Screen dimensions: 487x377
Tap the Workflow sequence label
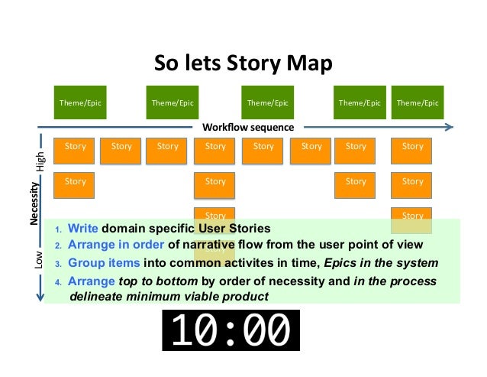tap(248, 127)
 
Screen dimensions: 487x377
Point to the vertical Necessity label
tap(34, 203)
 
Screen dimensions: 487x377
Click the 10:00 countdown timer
tap(231, 331)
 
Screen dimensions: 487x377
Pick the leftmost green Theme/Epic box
tap(80, 103)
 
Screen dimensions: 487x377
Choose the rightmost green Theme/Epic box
tap(418, 103)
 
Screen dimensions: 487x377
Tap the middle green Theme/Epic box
tap(268, 103)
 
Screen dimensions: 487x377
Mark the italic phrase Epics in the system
tap(392, 263)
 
